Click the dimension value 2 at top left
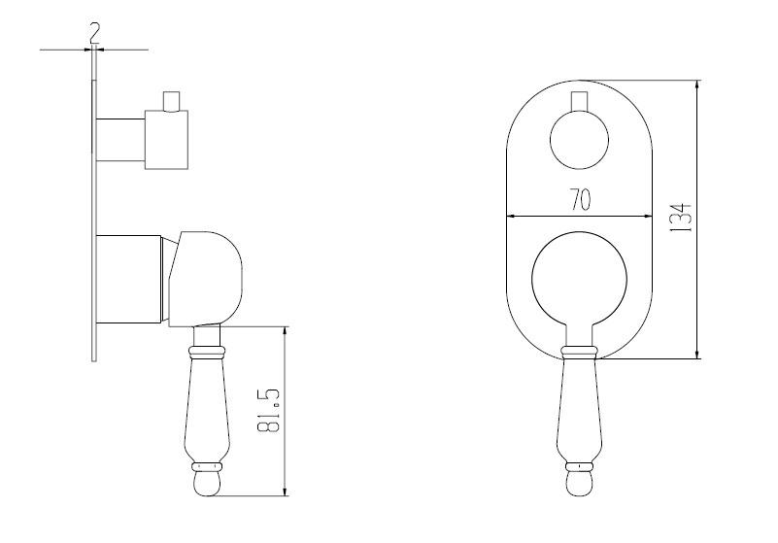94,34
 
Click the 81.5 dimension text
269,410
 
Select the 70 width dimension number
580,199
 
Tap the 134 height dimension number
680,218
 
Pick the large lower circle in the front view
531,278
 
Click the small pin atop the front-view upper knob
579,101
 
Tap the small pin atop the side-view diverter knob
171,101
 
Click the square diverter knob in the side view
166,140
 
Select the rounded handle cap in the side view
205,279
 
